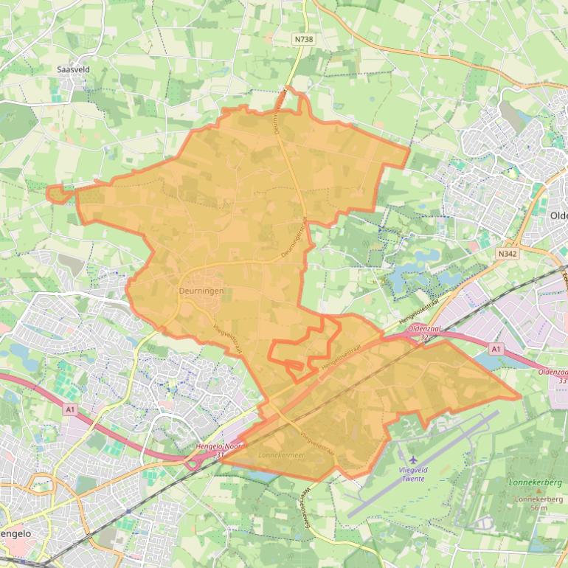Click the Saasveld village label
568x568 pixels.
[x=72, y=69]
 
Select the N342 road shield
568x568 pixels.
[x=507, y=253]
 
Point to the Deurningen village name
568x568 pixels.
[x=201, y=291]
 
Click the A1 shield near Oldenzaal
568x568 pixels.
[x=496, y=348]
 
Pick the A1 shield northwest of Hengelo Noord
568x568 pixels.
[x=71, y=409]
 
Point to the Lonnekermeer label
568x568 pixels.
[x=282, y=456]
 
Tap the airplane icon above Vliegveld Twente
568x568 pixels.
[x=412, y=460]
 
